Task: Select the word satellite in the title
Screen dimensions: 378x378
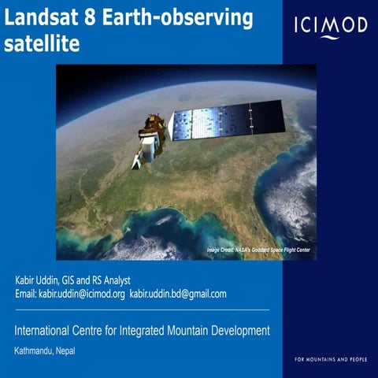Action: click(42, 45)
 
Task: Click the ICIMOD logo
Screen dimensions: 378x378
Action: click(330, 26)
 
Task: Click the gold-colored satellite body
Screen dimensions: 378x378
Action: click(154, 128)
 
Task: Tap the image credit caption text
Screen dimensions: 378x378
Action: click(258, 250)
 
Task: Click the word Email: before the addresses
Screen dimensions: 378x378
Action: click(26, 294)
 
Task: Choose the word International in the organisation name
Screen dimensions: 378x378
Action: click(45, 330)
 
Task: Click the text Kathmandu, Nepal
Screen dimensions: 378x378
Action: click(45, 351)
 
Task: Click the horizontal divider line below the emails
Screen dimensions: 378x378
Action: click(142, 309)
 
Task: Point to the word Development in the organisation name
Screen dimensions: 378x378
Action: click(239, 330)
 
